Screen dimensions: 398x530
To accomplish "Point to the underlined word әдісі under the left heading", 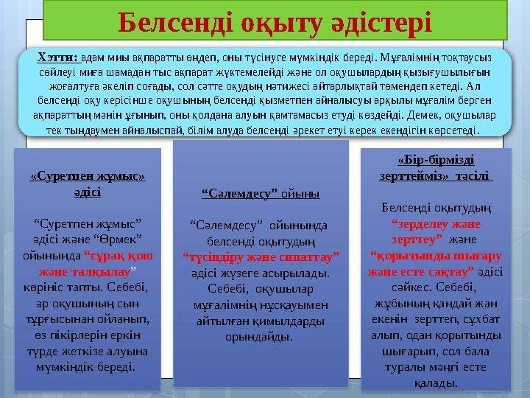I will click(88, 190).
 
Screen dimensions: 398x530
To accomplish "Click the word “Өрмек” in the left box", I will click(118, 237).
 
